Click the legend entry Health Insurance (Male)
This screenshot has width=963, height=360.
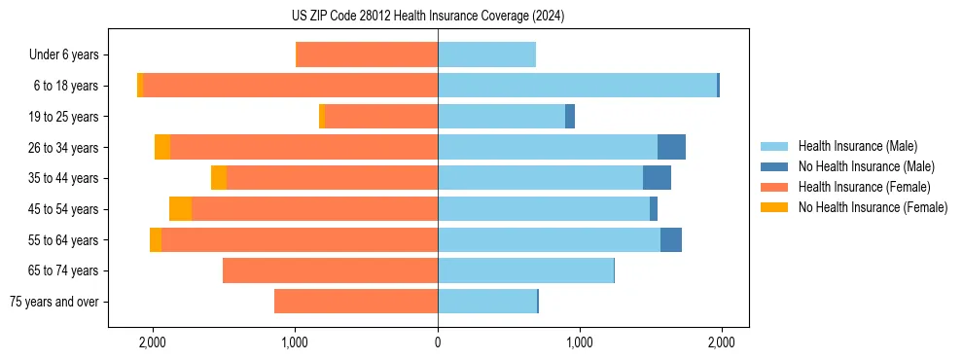coord(857,146)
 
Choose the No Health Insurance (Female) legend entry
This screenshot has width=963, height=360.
coord(873,207)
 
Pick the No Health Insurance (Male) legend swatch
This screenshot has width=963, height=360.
coord(774,166)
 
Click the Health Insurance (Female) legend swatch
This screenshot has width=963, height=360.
coord(774,187)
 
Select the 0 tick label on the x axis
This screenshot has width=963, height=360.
coord(438,343)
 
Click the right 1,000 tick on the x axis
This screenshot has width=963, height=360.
coord(579,343)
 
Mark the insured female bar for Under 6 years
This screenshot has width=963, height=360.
coord(367,55)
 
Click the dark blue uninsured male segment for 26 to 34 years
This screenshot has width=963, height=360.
coord(671,148)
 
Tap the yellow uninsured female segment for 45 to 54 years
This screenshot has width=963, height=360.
coord(180,209)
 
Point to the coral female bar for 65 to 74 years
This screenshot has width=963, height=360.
coord(330,270)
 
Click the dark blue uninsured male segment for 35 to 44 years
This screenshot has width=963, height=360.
coord(657,178)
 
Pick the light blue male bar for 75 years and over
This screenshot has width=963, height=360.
coord(486,302)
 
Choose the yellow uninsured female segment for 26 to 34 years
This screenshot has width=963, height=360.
coord(162,148)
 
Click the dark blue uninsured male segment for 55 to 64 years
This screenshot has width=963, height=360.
coord(670,240)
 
